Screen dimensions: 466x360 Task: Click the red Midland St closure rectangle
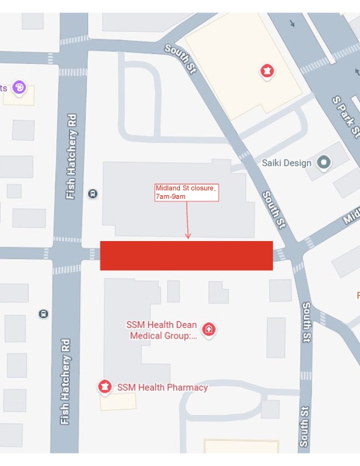186,255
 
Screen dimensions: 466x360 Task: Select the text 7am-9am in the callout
171,196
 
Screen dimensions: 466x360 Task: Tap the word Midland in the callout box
168,188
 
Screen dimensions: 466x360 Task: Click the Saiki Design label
286,163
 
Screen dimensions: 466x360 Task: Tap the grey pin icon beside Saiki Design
323,163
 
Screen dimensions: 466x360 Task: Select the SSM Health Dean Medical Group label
163,330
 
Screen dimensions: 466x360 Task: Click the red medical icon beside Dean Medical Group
209,329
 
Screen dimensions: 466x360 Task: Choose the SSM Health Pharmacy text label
163,387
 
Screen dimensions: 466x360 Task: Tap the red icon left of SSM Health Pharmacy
105,387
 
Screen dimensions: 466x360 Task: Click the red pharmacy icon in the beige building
268,71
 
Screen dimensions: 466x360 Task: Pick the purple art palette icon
19,87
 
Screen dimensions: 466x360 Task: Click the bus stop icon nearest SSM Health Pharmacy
43,314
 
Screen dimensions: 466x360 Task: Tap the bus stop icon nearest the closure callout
92,193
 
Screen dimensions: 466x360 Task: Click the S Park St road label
345,116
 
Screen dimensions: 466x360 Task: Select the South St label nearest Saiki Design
273,209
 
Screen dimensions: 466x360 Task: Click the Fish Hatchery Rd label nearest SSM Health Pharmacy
65,381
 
